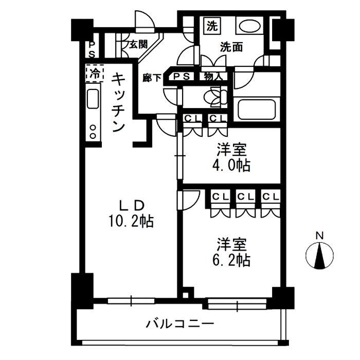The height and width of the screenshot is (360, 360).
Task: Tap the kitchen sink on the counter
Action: [93, 99]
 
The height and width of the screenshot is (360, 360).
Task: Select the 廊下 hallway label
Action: [153, 78]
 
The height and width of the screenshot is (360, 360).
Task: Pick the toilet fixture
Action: [212, 97]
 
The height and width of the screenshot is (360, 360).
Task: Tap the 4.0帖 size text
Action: [232, 166]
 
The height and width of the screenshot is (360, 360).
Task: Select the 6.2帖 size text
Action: [232, 260]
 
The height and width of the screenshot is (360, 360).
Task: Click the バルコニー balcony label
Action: [179, 324]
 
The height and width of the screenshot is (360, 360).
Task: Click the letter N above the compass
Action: [319, 236]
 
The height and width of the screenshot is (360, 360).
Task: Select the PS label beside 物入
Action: [182, 77]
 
